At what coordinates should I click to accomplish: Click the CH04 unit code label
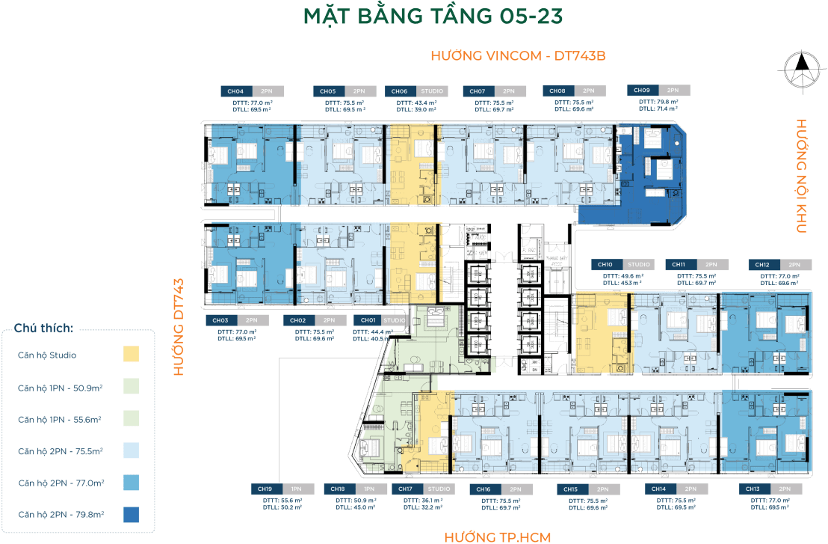tap(236, 91)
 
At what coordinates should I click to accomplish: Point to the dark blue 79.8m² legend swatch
tap(131, 515)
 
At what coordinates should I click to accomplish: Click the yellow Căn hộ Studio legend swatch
tap(131, 355)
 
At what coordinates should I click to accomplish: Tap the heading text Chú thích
tap(43, 328)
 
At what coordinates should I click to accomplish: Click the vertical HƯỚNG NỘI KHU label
tap(801, 176)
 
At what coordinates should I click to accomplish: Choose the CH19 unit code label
tap(265, 489)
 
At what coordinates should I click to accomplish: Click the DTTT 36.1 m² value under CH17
tap(422, 499)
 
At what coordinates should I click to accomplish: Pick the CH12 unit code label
tap(763, 265)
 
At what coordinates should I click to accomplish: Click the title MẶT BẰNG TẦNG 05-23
tap(413, 17)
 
